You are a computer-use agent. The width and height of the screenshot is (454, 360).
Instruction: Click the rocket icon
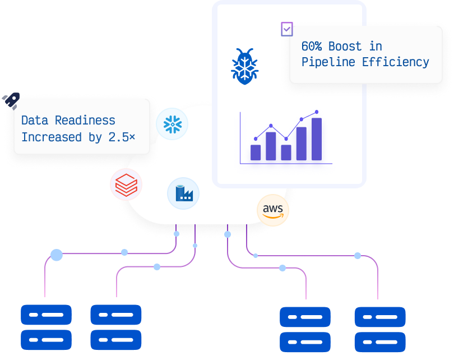click(x=11, y=101)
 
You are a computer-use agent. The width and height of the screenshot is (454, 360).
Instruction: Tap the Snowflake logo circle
click(x=172, y=124)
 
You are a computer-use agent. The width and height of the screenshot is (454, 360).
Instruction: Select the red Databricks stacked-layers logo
click(x=126, y=185)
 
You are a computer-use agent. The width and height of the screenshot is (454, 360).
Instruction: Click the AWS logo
click(x=273, y=210)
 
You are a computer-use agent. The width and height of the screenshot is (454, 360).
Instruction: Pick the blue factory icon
click(x=184, y=193)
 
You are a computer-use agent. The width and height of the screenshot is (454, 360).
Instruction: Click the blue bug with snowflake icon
click(x=245, y=66)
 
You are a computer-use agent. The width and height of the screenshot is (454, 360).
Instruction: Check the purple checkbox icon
click(x=287, y=29)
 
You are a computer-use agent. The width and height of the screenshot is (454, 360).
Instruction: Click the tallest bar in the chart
click(x=317, y=139)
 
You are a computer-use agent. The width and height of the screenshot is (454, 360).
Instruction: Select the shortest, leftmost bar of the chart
click(x=256, y=153)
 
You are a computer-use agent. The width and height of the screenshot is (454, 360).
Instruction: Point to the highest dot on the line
click(x=317, y=112)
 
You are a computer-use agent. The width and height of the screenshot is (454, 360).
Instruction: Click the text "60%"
click(x=312, y=47)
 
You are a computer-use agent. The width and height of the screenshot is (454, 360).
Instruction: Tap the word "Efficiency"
click(x=396, y=63)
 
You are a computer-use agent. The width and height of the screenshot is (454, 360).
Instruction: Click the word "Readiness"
click(x=85, y=120)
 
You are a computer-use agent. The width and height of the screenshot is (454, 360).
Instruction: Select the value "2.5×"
click(x=122, y=137)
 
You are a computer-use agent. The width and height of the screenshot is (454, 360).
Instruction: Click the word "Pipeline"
click(x=328, y=62)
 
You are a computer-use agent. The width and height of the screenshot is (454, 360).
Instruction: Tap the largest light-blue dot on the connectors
click(x=57, y=255)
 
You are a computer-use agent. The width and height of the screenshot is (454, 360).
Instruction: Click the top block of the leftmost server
click(x=47, y=315)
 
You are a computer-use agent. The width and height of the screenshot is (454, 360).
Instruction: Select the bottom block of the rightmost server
click(x=380, y=342)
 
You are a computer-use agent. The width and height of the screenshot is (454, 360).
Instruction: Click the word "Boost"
click(x=345, y=47)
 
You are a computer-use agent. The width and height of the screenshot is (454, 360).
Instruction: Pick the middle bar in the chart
click(x=286, y=153)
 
